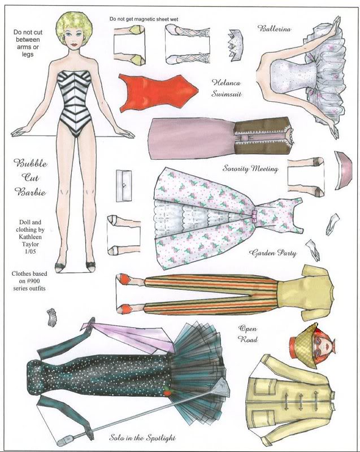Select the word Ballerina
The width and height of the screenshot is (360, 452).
tap(274, 28)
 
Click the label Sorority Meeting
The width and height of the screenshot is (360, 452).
tap(250, 168)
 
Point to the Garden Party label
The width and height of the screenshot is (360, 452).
tap(272, 253)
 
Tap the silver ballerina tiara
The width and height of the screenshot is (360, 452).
tap(236, 45)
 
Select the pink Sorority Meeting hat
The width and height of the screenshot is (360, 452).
tap(343, 171)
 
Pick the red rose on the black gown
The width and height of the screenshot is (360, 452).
tap(167, 392)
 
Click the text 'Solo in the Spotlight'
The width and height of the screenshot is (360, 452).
tap(142, 437)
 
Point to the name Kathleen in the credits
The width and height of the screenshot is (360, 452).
tap(30, 237)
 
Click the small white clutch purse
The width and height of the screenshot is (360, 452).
tap(124, 186)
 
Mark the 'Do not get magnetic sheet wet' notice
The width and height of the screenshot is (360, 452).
tap(144, 19)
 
